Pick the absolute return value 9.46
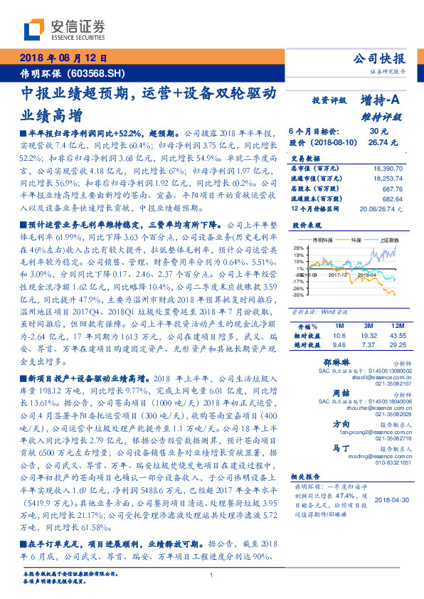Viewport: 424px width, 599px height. (339, 344)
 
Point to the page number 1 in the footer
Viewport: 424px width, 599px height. (212, 575)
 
